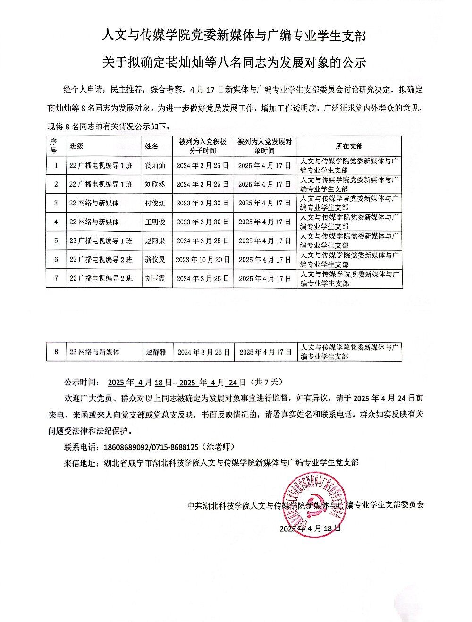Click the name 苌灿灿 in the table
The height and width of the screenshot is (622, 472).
click(155, 166)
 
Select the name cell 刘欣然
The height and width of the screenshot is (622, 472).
click(155, 184)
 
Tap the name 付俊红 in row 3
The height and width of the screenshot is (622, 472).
click(155, 203)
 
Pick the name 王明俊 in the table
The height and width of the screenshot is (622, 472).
click(155, 222)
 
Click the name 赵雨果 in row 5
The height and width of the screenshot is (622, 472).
click(155, 241)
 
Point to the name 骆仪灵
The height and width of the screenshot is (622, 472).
click(155, 260)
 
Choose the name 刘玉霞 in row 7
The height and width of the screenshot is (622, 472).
click(155, 279)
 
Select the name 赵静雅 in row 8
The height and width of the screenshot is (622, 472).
click(156, 352)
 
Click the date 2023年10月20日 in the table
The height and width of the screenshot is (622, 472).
click(202, 260)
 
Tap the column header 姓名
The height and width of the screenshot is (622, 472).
click(152, 146)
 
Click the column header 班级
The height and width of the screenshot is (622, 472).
click(76, 146)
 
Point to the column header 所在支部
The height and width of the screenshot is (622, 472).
click(349, 146)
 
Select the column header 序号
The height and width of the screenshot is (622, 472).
click(53, 146)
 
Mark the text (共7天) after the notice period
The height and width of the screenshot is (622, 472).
click(268, 382)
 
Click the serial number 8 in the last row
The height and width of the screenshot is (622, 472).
click(56, 352)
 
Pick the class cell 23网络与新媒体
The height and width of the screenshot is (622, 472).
click(94, 352)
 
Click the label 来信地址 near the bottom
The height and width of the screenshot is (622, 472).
click(80, 462)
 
